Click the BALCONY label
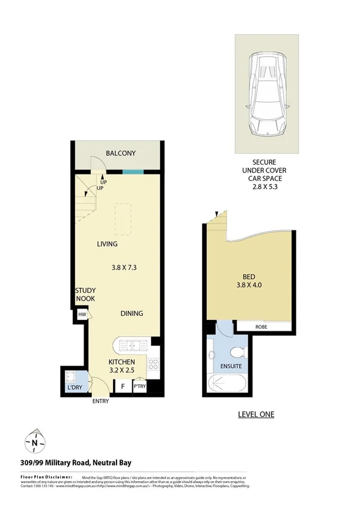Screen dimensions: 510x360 pyautogui.click(x=121, y=153)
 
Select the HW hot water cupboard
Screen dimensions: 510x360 pyautogui.click(x=82, y=314)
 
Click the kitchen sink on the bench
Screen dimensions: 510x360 pyautogui.click(x=130, y=345)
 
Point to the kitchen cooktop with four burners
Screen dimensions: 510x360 pyautogui.click(x=153, y=364)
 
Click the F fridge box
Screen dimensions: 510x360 pyautogui.click(x=124, y=387)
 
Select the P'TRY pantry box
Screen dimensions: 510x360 pyautogui.click(x=140, y=387)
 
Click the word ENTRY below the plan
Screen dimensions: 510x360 pyautogui.click(x=100, y=402)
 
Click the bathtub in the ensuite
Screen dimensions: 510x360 pyautogui.click(x=225, y=383)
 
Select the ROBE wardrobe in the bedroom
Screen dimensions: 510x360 pyautogui.click(x=261, y=327)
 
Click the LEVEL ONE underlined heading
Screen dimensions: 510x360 pyautogui.click(x=256, y=414)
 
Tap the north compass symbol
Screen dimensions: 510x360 pyautogui.click(x=35, y=443)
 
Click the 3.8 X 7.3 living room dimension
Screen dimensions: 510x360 pyautogui.click(x=125, y=268)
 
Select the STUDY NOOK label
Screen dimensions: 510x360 pyautogui.click(x=85, y=294)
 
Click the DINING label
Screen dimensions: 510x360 pyautogui.click(x=132, y=313)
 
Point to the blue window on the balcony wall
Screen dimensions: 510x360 pyautogui.click(x=129, y=171)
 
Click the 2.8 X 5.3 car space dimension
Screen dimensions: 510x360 pyautogui.click(x=267, y=187)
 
